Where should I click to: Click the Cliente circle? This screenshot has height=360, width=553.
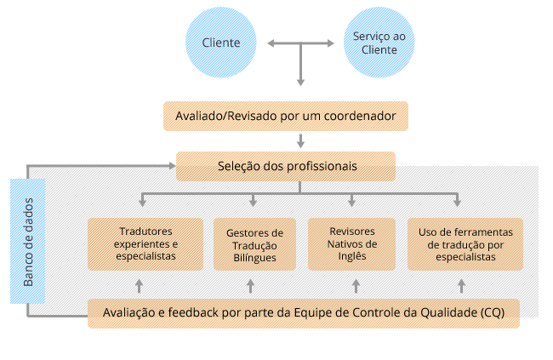221,43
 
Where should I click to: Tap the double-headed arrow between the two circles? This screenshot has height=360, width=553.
299,43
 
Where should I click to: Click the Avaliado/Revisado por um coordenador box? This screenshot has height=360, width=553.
285,116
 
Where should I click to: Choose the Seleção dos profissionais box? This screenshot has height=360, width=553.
285,165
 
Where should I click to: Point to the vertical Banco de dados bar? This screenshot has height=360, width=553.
28,241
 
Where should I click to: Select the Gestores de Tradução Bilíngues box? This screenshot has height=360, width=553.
254,244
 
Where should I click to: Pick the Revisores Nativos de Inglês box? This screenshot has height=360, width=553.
351,244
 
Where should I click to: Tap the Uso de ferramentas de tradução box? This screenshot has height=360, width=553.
465,244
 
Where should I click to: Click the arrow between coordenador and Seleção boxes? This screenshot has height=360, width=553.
299,140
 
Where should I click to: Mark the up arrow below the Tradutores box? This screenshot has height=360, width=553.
140,285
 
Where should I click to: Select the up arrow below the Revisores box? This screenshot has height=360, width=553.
356,285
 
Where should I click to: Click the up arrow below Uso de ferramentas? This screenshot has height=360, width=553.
462,285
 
